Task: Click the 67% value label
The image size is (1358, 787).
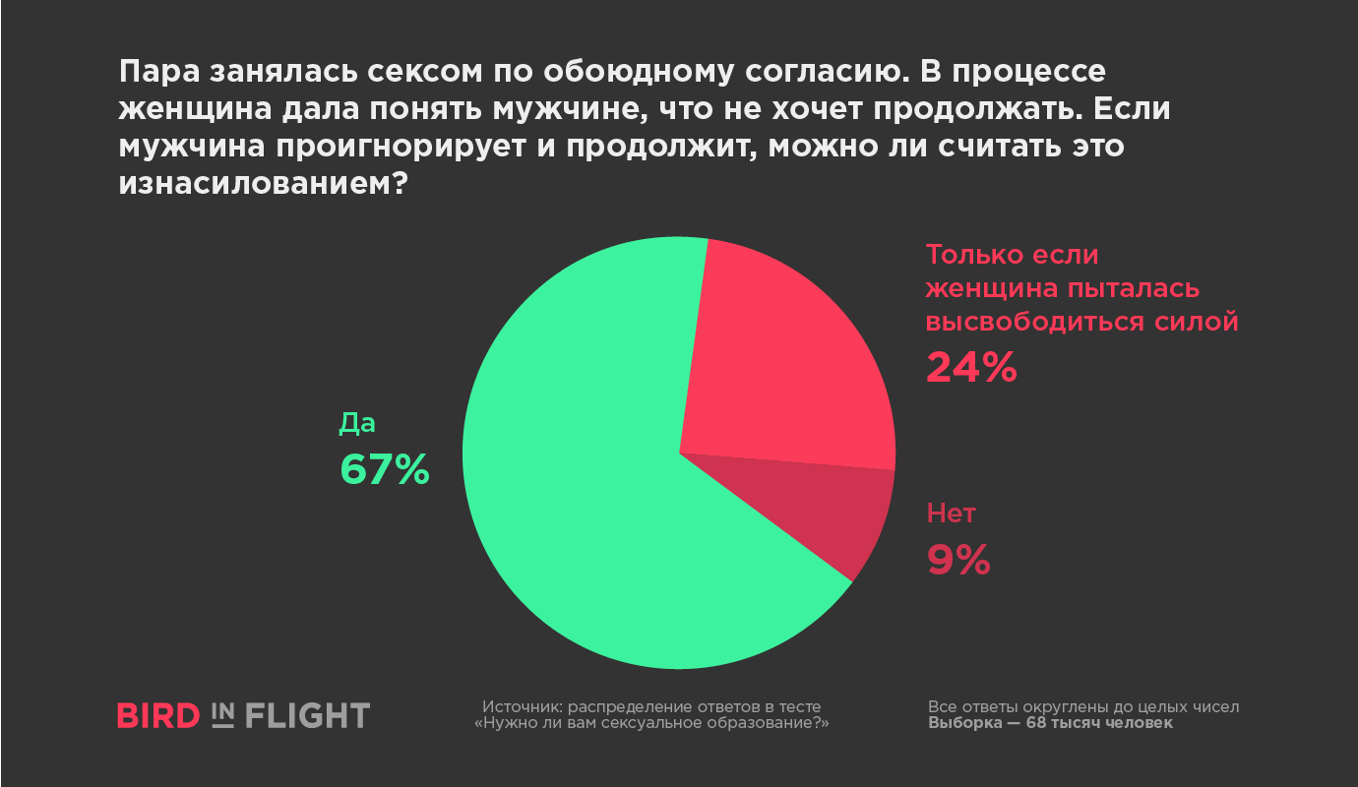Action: (x=385, y=469)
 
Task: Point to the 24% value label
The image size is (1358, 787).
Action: (x=970, y=367)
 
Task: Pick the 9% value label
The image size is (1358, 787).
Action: (x=957, y=560)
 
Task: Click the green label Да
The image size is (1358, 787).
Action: (x=358, y=423)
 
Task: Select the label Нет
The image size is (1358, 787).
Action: (x=951, y=514)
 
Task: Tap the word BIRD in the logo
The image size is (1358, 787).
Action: (x=158, y=715)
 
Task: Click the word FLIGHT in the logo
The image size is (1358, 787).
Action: (x=307, y=715)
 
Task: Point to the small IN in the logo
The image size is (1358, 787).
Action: (x=222, y=715)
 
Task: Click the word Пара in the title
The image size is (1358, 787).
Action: (x=156, y=73)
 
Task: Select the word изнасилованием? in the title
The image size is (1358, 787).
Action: (x=264, y=183)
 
